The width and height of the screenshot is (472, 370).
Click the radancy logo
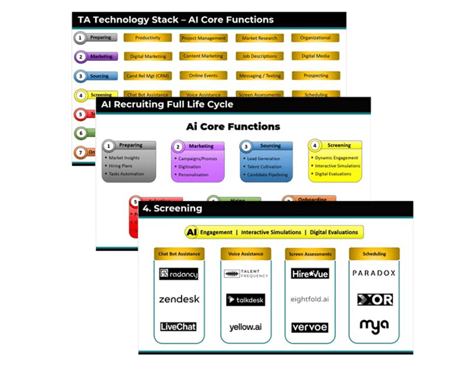pos(179,274)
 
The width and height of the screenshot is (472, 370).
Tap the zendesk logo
pos(179,299)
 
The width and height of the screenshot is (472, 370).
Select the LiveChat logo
pos(178,326)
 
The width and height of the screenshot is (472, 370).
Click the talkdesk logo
pos(246,300)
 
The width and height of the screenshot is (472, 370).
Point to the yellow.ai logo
pos(246,327)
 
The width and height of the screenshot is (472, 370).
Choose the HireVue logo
pos(310,274)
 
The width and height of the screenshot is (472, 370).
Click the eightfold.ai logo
pos(310,299)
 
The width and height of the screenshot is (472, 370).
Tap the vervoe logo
pos(309,327)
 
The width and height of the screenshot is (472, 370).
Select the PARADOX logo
pos(374,273)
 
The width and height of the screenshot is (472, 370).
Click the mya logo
pos(374,325)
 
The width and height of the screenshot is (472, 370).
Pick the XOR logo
pos(374,299)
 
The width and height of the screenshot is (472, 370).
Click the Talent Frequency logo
pos(246,274)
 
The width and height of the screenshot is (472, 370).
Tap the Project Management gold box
pos(204,38)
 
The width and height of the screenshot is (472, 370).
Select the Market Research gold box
pos(260,38)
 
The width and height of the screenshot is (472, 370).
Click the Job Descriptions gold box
pos(260,56)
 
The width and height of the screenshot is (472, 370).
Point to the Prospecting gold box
pos(316,75)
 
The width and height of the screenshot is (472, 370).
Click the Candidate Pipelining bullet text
pos(268,175)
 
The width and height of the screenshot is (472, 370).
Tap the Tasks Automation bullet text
pos(126,174)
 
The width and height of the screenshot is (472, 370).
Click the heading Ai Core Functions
pos(233,127)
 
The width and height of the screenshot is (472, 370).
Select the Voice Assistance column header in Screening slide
pos(246,254)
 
